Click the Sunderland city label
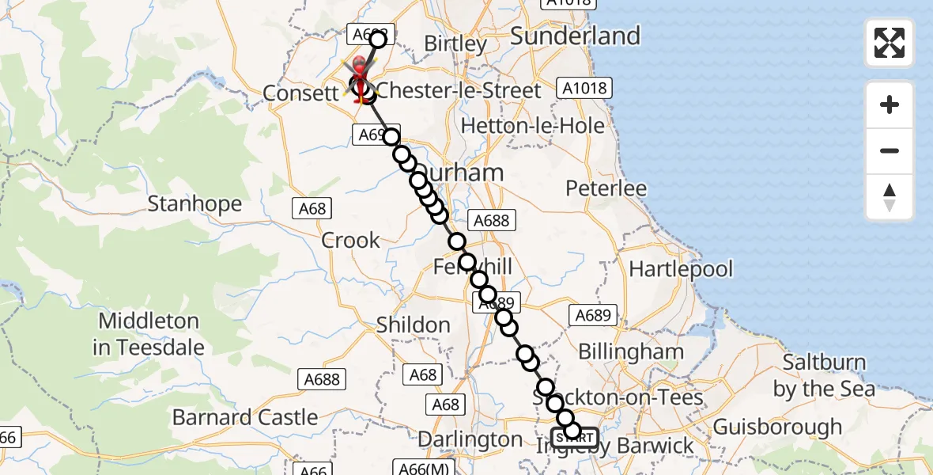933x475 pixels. [x=575, y=36]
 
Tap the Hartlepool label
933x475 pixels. [x=681, y=269]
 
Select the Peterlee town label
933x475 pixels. [x=606, y=188]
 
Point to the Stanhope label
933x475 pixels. [x=195, y=204]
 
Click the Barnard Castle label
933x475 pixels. [x=245, y=417]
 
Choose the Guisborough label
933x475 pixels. [x=777, y=427]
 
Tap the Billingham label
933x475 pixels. [x=631, y=351]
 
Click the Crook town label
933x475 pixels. [x=351, y=241]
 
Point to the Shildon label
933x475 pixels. [x=414, y=325]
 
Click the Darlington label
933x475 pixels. [x=470, y=439]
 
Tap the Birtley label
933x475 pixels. [x=455, y=44]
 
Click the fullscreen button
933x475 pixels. [x=890, y=43]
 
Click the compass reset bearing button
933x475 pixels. [x=890, y=197]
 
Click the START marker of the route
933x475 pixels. [x=575, y=437]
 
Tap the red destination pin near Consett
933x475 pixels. [x=360, y=73]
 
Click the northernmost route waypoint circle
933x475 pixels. [x=378, y=39]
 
